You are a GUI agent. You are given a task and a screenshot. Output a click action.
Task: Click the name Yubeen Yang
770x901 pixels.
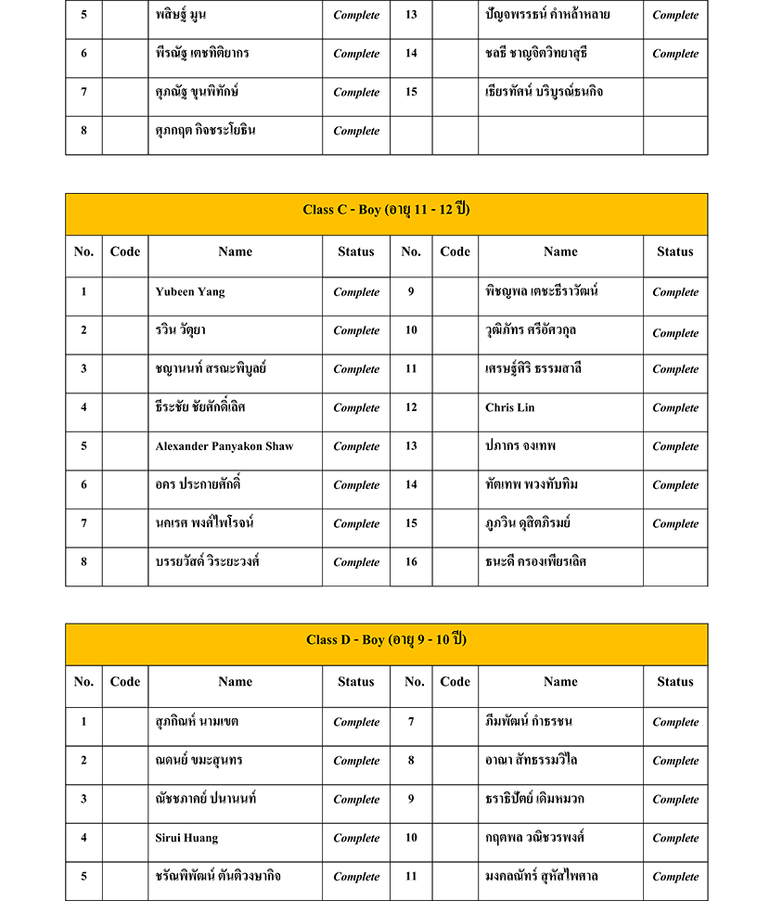click(x=190, y=292)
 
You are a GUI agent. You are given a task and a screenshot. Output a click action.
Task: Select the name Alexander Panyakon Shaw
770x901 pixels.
click(x=225, y=446)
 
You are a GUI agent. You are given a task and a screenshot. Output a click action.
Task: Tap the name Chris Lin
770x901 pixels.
click(x=510, y=407)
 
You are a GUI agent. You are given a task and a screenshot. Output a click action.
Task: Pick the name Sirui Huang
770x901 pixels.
click(x=187, y=838)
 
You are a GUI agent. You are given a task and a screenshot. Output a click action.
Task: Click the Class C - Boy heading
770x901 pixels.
click(x=386, y=210)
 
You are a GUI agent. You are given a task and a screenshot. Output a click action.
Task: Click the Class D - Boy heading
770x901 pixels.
click(x=386, y=640)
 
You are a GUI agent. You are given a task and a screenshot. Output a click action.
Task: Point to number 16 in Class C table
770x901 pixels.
click(x=411, y=561)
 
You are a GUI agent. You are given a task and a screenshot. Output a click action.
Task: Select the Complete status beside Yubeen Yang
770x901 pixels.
click(x=356, y=292)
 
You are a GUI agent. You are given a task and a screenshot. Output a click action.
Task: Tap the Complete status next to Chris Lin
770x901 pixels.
click(x=675, y=408)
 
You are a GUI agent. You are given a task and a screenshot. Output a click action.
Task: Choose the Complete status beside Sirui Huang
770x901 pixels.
click(x=356, y=839)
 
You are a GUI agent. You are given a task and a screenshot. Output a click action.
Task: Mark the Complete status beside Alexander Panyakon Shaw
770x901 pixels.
click(x=356, y=446)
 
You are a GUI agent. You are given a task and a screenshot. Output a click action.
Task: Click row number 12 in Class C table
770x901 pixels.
click(x=411, y=407)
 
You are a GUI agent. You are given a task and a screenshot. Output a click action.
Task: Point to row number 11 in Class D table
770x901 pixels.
click(x=411, y=876)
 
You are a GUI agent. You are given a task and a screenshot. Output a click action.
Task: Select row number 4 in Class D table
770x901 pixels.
click(x=83, y=838)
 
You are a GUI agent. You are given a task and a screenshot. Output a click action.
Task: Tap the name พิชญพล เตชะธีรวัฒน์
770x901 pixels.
click(x=542, y=291)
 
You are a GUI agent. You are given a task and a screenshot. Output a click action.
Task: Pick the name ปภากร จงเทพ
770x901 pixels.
click(x=520, y=446)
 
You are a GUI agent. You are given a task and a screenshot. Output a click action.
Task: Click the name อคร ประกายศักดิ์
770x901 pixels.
click(x=199, y=484)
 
